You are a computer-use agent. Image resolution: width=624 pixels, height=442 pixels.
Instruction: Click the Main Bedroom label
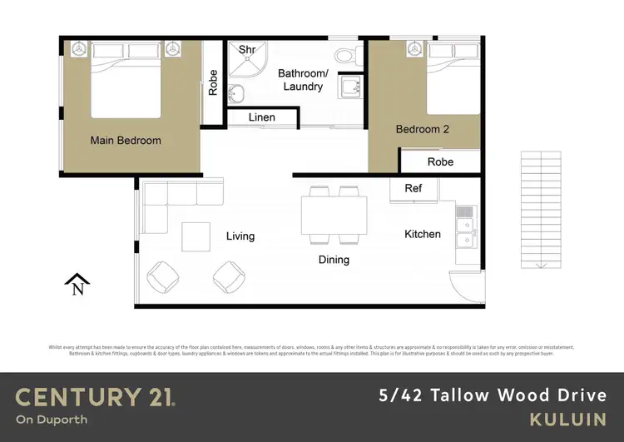click(x=126, y=140)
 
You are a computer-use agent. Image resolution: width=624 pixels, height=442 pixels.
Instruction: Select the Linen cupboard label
click(x=261, y=117)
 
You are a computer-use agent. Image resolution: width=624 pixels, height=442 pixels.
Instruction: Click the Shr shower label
click(x=246, y=50)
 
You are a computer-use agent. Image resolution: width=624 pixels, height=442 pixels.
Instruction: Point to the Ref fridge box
click(x=414, y=189)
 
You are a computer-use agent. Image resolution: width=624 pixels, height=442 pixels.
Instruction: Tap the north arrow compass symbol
click(x=77, y=285)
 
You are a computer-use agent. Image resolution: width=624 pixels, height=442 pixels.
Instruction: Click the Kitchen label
click(x=423, y=234)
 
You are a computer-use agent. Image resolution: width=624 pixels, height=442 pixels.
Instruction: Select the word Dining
click(x=334, y=260)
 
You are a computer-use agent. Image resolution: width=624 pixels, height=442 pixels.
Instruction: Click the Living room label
click(x=240, y=236)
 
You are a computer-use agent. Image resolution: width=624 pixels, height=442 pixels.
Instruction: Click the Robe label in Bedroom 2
click(x=440, y=161)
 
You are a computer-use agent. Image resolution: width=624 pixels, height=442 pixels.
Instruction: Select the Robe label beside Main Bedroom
click(x=213, y=82)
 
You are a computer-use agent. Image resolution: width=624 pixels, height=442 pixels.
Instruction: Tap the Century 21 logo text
click(x=95, y=397)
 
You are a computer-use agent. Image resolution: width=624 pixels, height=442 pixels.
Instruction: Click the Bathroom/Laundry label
click(x=303, y=80)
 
